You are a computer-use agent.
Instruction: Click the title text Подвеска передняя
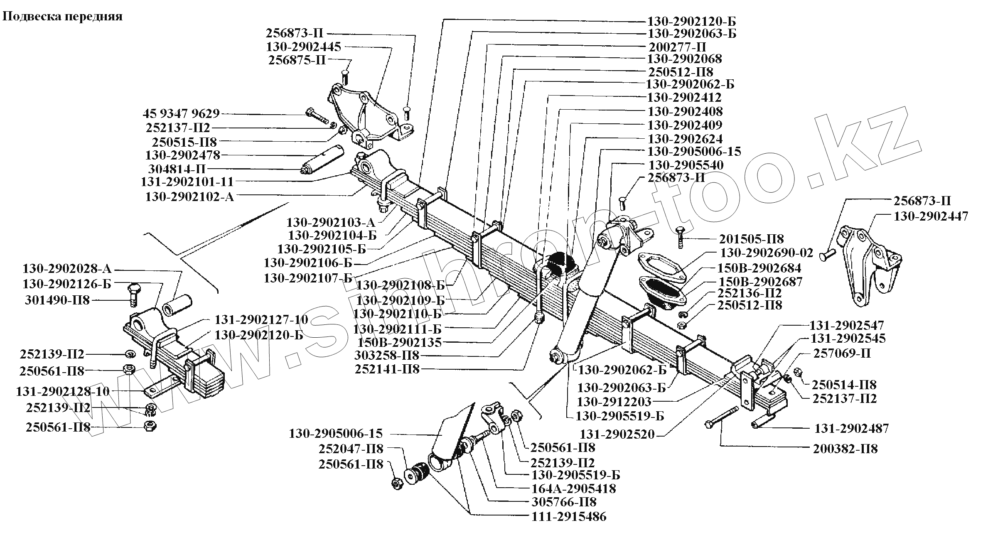pos(63,17)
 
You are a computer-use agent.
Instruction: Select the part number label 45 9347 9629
pos(181,114)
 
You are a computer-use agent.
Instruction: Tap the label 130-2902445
pos(303,46)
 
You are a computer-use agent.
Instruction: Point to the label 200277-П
pos(677,46)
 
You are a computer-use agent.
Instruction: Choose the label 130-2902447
pos(931,216)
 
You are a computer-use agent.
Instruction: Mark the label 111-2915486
pos(569,517)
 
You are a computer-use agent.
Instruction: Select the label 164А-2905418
pos(573,488)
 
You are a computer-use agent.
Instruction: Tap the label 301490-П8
pos(57,300)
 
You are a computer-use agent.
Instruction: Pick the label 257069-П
pos(842,353)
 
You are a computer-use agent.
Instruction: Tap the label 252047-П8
pos(351,449)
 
